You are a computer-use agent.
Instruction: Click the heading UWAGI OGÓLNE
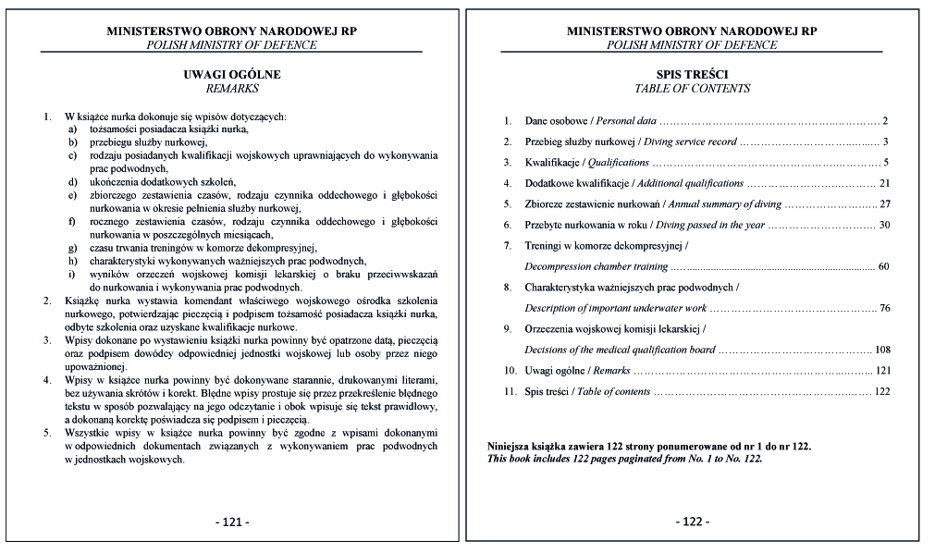pos(231,74)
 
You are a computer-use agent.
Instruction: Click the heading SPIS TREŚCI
pos(692,74)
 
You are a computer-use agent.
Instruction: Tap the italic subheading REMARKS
pos(231,89)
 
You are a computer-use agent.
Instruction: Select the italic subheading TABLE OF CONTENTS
pos(692,89)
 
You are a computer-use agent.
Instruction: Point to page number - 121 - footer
pos(231,522)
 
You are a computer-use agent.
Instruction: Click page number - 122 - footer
pos(692,522)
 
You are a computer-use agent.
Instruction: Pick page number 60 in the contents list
pos(882,266)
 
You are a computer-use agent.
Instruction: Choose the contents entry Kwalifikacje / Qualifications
pos(584,163)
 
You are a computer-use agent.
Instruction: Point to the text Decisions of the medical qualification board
pos(620,350)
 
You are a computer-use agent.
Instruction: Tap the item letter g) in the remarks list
pos(71,248)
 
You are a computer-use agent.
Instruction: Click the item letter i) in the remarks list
pos(71,275)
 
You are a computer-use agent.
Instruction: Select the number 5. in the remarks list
pos(47,433)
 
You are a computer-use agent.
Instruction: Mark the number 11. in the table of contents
pos(509,391)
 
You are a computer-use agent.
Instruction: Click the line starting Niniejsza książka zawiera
pos(648,447)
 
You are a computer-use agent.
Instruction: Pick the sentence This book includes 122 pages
pos(625,459)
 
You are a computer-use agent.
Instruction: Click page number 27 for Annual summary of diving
pos(883,204)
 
